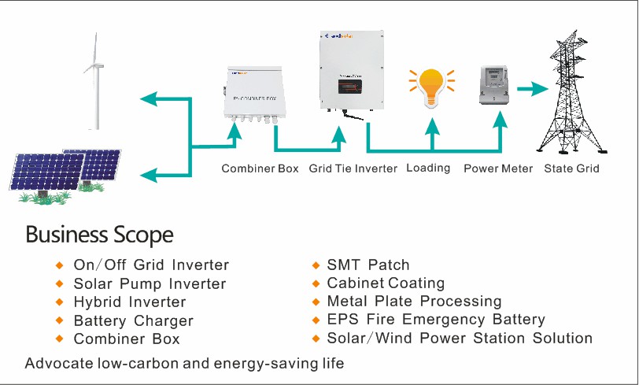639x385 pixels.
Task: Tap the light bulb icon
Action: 431,87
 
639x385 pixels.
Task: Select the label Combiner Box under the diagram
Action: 260,168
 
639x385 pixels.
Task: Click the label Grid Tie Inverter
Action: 353,168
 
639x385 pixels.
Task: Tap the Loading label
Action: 428,168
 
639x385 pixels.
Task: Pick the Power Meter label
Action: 498,168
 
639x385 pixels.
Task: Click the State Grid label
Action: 571,168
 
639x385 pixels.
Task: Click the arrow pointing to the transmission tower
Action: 533,88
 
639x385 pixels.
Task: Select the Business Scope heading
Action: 99,235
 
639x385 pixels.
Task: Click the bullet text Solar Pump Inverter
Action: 150,283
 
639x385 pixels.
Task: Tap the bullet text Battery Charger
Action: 133,320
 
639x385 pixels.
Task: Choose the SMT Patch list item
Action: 368,265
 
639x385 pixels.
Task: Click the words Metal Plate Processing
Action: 414,301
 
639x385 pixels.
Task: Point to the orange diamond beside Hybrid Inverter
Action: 59,302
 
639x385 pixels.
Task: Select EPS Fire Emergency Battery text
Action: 436,319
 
